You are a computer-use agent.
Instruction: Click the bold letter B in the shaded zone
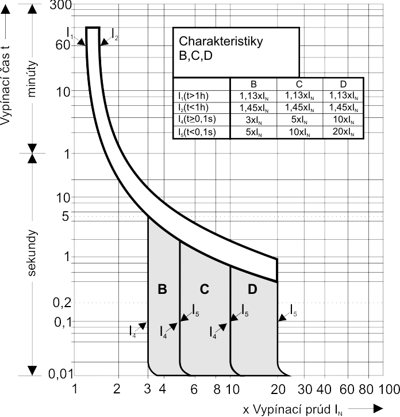163,289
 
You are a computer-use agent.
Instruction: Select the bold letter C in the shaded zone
205,289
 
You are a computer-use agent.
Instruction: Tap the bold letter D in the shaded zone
252,289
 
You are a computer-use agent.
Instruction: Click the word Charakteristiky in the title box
221,41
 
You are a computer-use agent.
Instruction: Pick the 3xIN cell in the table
254,120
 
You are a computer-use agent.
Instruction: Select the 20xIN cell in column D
343,132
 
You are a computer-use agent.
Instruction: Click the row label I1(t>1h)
194,96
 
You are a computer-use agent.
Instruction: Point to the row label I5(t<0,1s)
197,132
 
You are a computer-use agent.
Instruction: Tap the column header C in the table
299,85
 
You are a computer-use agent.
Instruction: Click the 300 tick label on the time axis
60,5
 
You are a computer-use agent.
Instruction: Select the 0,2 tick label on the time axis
62,303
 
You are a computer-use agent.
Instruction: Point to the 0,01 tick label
60,374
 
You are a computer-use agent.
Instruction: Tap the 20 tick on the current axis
278,389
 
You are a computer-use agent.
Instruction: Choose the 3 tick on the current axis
148,389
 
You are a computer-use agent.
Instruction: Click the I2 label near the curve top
115,35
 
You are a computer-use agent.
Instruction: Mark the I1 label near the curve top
70,33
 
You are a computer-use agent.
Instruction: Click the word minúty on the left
32,79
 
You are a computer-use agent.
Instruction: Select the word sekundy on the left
32,253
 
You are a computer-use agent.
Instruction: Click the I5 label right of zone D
294,311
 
